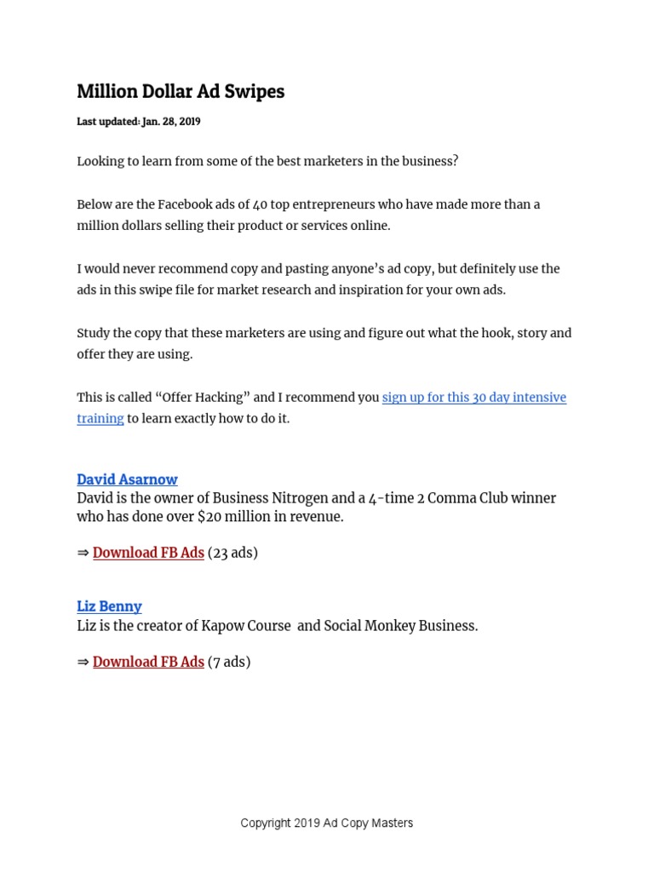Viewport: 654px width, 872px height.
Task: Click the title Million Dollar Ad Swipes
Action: (181, 92)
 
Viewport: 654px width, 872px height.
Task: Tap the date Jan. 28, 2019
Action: (171, 122)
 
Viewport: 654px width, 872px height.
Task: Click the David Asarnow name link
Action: (127, 479)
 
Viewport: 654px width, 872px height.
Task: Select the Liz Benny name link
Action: (109, 606)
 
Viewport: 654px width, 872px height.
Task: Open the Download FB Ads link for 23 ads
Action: (148, 553)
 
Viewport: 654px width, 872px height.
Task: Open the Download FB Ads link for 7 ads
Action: (148, 662)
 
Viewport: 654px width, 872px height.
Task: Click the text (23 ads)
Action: (232, 553)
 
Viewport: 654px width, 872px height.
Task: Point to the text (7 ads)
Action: (229, 662)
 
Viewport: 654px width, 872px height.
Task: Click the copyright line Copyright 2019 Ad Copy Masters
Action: (326, 823)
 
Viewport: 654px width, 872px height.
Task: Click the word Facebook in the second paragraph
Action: (186, 205)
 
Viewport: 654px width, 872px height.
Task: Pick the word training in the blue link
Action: (100, 419)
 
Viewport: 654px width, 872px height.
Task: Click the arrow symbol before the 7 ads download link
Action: (83, 662)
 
